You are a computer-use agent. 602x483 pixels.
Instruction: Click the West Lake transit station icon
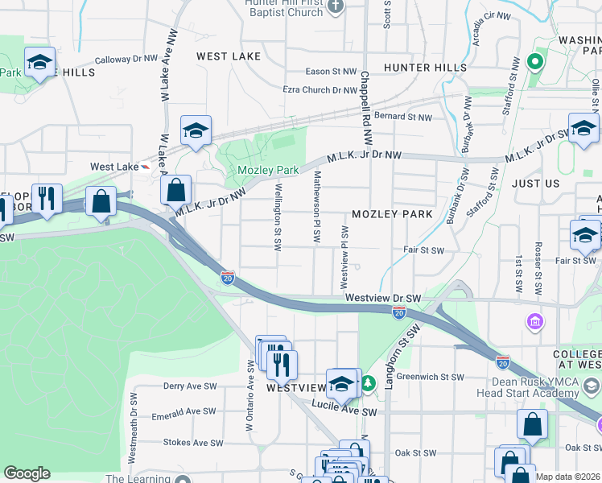click(144, 167)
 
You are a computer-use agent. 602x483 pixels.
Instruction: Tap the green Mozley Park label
click(268, 170)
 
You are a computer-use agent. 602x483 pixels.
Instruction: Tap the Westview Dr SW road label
click(384, 298)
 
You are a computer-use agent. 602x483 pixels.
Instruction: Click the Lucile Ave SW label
click(344, 411)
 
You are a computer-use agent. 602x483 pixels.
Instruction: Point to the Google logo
click(27, 473)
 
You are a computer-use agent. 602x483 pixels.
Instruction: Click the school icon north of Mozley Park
click(196, 131)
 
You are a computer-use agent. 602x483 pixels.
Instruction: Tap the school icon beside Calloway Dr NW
click(38, 63)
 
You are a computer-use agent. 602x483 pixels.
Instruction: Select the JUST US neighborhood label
click(535, 184)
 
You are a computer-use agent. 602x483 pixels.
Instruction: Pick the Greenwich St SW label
click(430, 377)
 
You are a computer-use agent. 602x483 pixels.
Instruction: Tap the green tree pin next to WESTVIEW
click(367, 383)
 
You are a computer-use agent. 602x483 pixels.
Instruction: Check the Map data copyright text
click(567, 477)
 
